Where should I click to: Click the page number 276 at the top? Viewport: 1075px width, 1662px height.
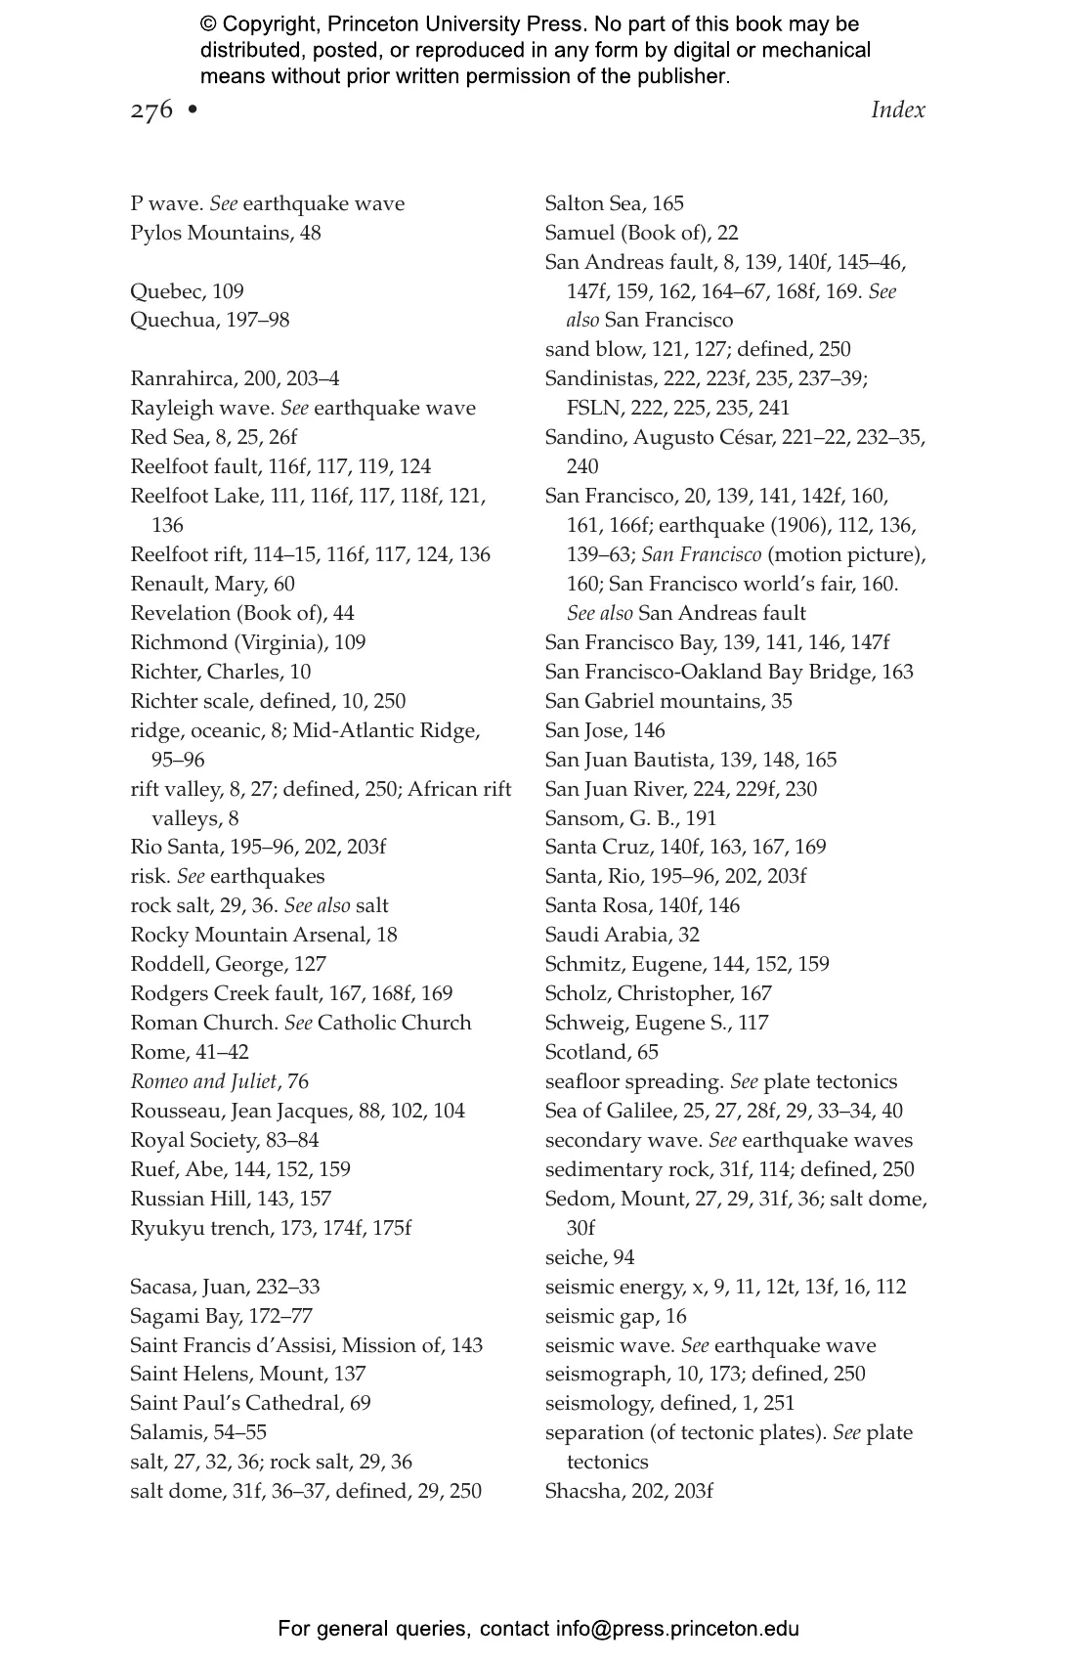coord(151,109)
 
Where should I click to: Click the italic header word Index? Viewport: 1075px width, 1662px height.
coord(897,109)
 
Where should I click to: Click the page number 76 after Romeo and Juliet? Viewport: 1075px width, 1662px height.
coord(297,1081)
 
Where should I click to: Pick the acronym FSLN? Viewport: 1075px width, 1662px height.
coord(593,409)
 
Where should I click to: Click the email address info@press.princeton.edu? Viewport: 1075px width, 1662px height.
coord(677,1629)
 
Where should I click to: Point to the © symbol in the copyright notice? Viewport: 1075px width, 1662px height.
coord(209,24)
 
